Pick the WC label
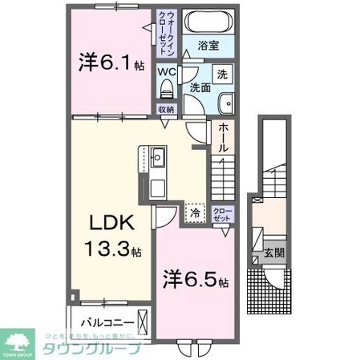pyautogui.click(x=166, y=71)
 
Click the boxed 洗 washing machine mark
pyautogui.click(x=223, y=72)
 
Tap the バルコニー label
pyautogui.click(x=106, y=325)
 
